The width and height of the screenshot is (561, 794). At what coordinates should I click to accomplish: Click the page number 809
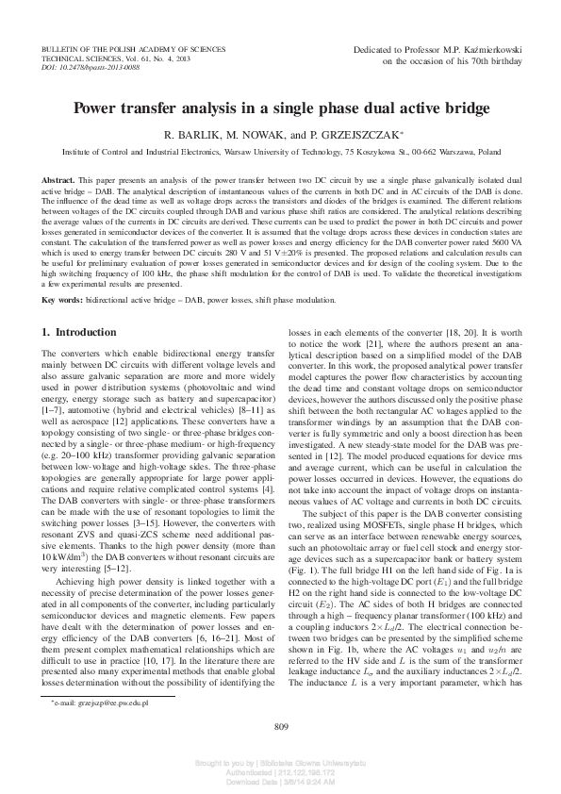(x=280, y=724)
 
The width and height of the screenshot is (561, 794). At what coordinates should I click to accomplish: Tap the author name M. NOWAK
(x=253, y=135)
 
